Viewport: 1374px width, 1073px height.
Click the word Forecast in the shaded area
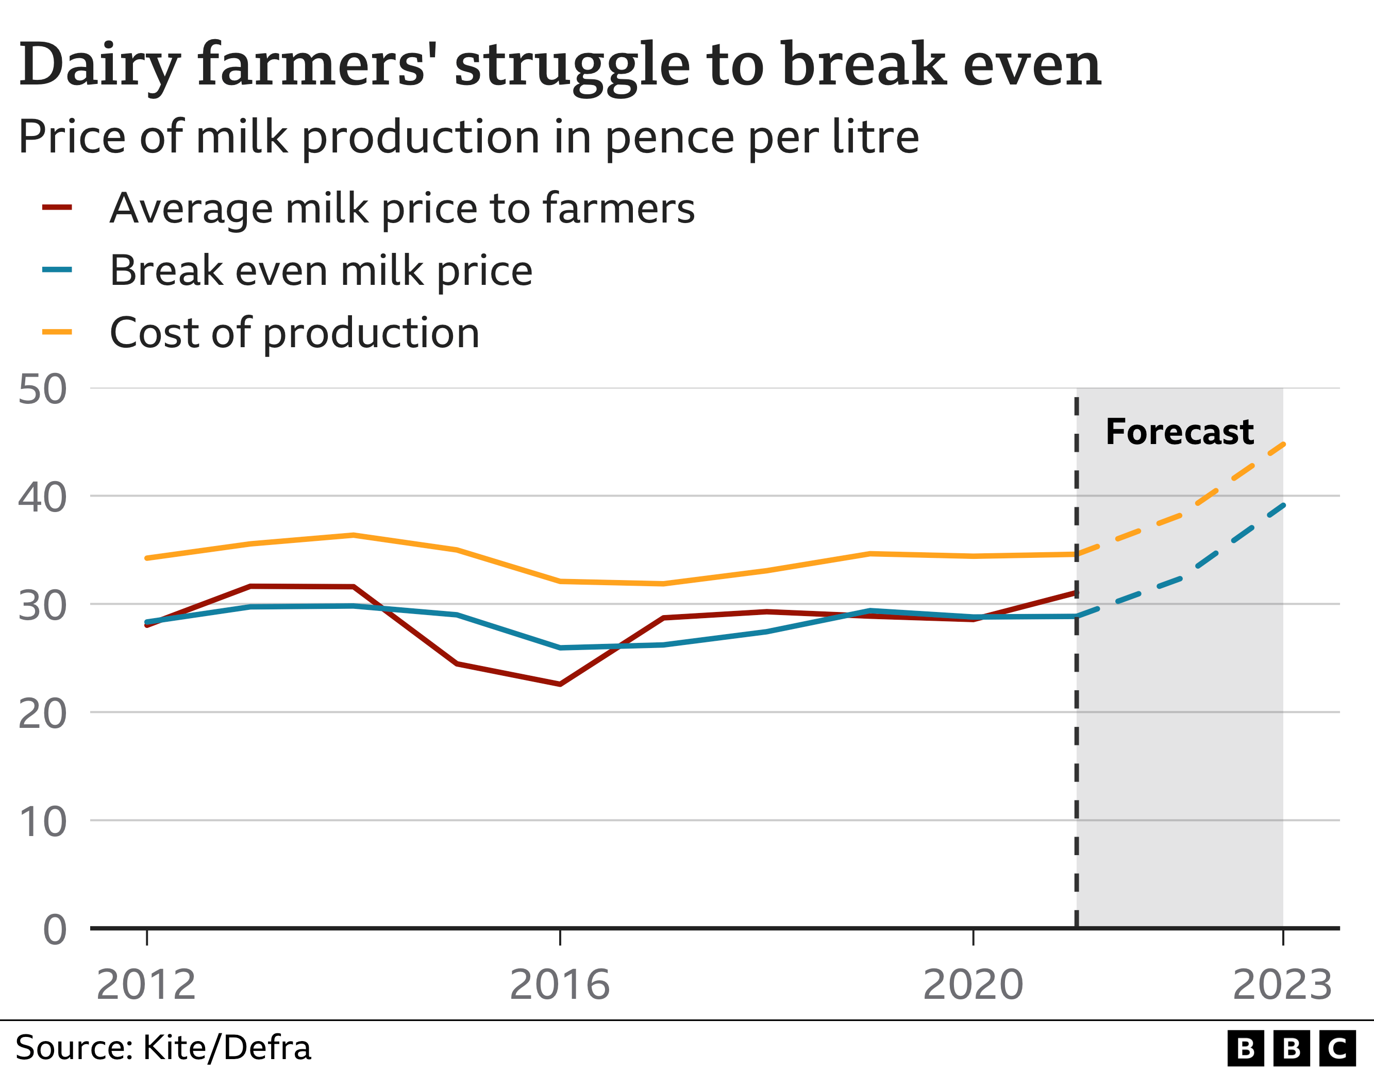tap(1179, 432)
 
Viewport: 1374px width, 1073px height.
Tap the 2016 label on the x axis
tap(559, 984)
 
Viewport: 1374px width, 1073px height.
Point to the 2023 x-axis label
tap(1282, 984)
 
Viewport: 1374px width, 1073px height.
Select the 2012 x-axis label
tap(146, 984)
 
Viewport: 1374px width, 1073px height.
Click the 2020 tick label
tap(973, 984)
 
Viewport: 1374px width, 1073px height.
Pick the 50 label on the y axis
tap(42, 389)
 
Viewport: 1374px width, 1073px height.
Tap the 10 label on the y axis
tap(42, 822)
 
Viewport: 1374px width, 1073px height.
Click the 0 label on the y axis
tap(55, 930)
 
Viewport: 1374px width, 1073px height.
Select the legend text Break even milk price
tap(321, 270)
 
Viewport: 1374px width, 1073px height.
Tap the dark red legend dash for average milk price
tap(57, 208)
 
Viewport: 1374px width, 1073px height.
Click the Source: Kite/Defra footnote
tap(163, 1047)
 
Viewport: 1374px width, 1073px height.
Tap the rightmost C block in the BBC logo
tap(1336, 1048)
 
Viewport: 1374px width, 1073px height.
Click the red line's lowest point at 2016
tap(559, 684)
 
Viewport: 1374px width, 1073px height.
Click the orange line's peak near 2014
tap(354, 535)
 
